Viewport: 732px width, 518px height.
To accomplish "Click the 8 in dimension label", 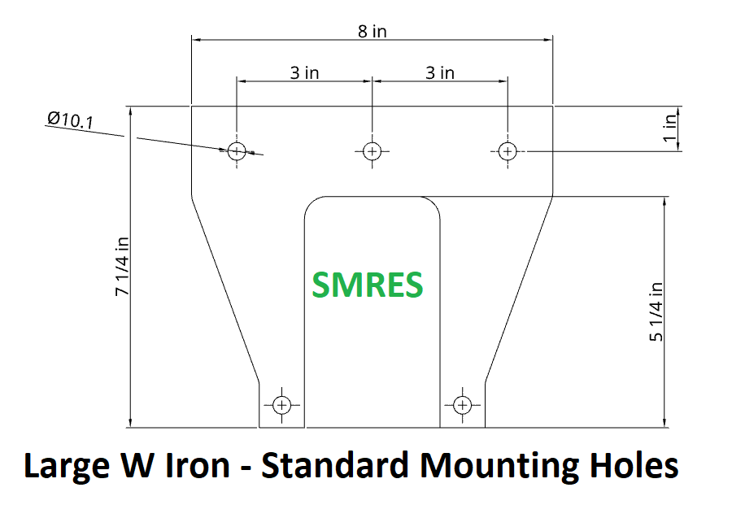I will coord(372,32).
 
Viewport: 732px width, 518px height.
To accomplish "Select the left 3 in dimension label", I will coord(304,73).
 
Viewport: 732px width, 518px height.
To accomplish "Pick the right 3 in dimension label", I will coord(440,73).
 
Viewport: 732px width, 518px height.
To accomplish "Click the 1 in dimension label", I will coord(670,128).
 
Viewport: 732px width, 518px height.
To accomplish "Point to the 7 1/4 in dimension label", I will coord(121,266).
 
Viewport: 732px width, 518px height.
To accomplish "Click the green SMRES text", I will coord(368,285).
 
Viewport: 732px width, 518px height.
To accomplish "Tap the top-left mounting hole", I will coord(237,150).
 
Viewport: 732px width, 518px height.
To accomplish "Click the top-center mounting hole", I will coord(372,150).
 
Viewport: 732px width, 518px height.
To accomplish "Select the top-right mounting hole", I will coord(508,150).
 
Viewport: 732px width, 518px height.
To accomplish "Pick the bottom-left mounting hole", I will coord(281,404).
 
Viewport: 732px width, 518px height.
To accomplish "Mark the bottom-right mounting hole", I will coord(462,404).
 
